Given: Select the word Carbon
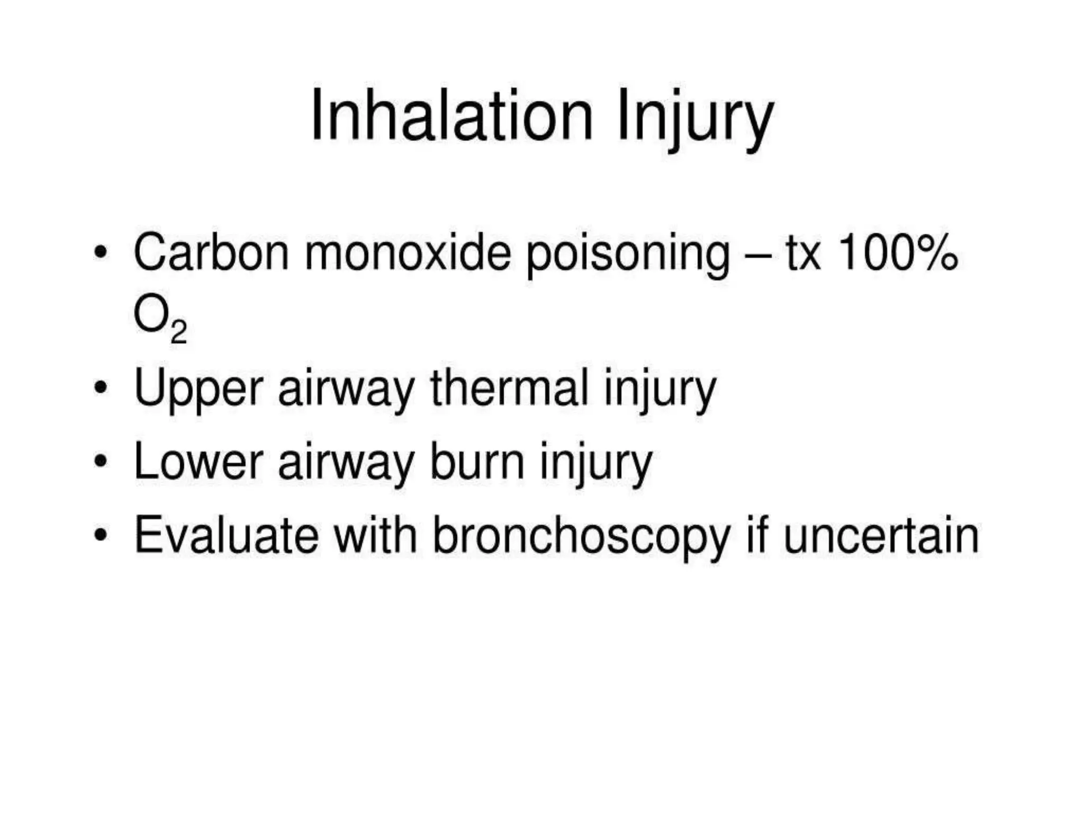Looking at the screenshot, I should click(x=211, y=252).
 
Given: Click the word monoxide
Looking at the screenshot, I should click(x=408, y=252).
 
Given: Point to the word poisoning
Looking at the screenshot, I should click(x=628, y=255).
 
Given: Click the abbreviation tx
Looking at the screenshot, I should click(x=803, y=254).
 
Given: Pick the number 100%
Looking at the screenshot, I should click(x=898, y=252).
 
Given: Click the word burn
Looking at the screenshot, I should click(x=478, y=462).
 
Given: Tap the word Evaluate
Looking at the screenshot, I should click(x=227, y=535).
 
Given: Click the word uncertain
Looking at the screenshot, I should click(x=881, y=535).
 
